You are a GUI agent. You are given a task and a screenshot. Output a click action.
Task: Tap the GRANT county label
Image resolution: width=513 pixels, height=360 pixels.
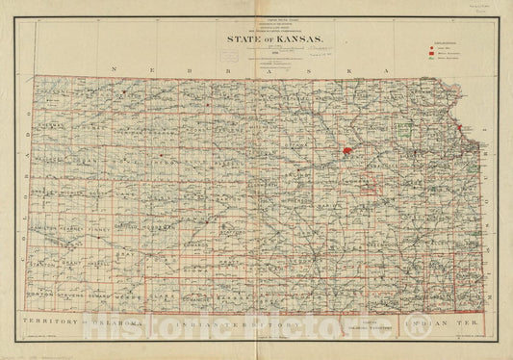pyautogui.click(x=70, y=261)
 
